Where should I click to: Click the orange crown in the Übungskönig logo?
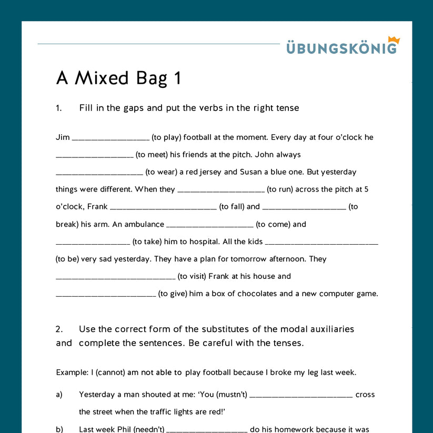pos(394,40)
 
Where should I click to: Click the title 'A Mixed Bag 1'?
pos(118,78)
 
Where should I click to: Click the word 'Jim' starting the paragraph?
pos(63,137)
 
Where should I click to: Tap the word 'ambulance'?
pos(145,224)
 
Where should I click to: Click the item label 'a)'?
pos(59,395)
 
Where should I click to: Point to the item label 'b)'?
pos(59,429)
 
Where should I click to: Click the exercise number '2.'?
pos(59,329)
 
